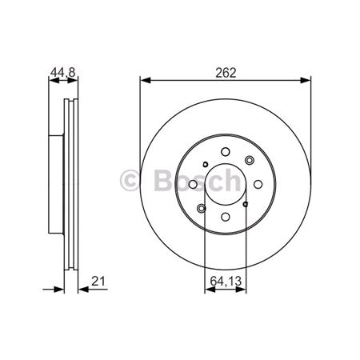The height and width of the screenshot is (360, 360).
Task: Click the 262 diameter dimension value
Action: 225,70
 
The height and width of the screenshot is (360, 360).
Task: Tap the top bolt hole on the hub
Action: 225,150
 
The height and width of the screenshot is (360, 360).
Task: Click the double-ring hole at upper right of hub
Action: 249,160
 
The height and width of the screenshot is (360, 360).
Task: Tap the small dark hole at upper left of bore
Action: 206,166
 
